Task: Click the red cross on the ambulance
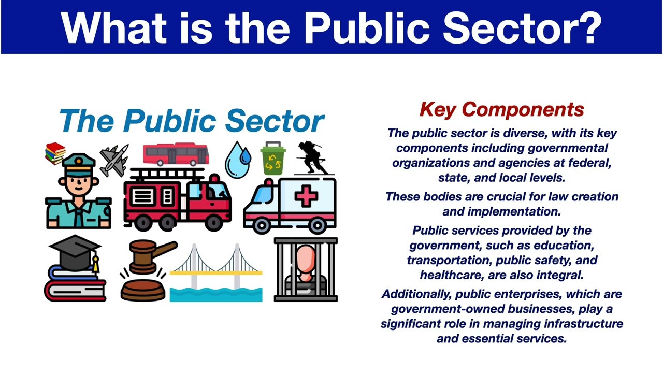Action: (306, 197)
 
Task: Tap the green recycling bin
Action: (273, 159)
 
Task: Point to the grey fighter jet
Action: (114, 160)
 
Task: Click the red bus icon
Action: (176, 154)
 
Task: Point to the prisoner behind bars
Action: (306, 269)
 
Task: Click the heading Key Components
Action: (501, 109)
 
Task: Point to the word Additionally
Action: (417, 294)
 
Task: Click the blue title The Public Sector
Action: (192, 121)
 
